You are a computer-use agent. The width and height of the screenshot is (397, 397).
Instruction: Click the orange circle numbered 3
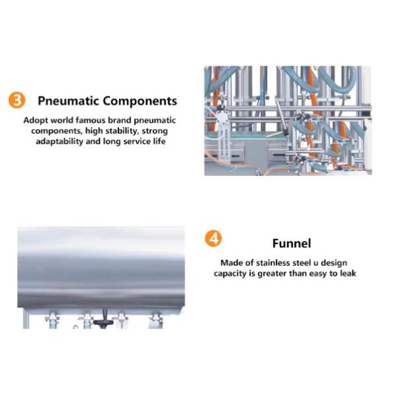point(17,100)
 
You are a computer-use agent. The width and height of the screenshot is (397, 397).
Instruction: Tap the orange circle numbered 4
point(213,238)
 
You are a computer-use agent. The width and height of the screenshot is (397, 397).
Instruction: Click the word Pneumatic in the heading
point(68,101)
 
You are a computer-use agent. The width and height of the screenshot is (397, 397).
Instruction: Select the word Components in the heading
point(140,101)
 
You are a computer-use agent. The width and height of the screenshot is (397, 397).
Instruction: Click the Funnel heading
point(292,243)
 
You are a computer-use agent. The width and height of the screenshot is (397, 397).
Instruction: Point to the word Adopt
point(36,120)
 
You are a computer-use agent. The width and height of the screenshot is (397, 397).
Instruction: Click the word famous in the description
point(91,120)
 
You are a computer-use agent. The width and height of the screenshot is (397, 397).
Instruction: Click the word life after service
point(159,141)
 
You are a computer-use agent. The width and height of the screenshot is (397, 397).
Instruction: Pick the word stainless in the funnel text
point(273,263)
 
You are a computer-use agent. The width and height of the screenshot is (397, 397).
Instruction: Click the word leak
point(348,273)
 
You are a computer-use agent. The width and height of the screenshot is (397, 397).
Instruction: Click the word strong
point(155,131)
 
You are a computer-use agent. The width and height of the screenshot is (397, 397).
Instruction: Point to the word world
point(62,120)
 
